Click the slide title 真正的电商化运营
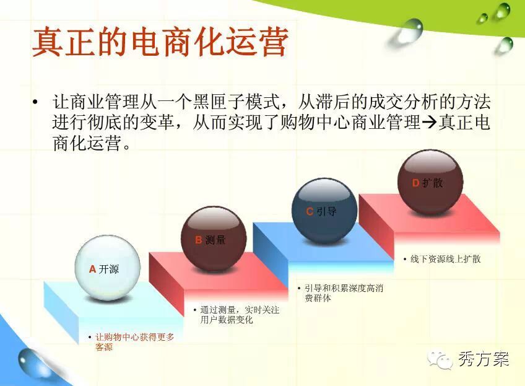(160, 43)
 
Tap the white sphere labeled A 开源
(108, 268)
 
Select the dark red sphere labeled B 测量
(214, 239)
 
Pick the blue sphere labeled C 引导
(324, 211)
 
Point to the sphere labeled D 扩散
(430, 182)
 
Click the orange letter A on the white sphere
(93, 269)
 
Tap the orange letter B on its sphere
(199, 240)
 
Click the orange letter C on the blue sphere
(310, 211)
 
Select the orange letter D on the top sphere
(415, 183)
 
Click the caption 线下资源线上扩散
(445, 259)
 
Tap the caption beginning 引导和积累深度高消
(344, 293)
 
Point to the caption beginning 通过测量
(240, 315)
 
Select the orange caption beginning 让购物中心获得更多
(134, 342)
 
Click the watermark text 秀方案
(484, 359)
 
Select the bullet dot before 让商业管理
(35, 102)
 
